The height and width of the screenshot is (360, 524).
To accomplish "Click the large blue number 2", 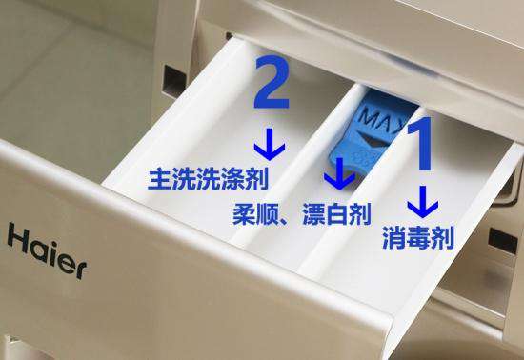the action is point(272,82).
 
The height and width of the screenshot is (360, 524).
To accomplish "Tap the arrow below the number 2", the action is point(270,144).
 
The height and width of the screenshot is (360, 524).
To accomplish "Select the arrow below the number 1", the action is point(423,202).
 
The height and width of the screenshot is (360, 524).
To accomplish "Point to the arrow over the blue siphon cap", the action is point(339,173).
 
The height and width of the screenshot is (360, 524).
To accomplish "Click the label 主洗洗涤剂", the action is point(208,179).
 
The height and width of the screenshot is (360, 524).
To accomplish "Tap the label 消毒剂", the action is point(418,237).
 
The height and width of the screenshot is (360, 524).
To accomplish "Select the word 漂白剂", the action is point(336,214).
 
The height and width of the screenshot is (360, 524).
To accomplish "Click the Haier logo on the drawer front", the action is point(47,250).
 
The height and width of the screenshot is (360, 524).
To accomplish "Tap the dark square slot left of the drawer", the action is point(174,81).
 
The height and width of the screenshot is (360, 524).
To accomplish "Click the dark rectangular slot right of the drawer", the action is point(503,240).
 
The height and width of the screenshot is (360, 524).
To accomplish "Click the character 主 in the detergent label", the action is point(159,179).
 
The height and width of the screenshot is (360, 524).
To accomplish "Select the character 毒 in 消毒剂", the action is point(418,237).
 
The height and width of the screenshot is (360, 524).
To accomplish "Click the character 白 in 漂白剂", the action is point(336,214).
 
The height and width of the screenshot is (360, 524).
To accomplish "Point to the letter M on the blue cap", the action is point(367,116).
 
